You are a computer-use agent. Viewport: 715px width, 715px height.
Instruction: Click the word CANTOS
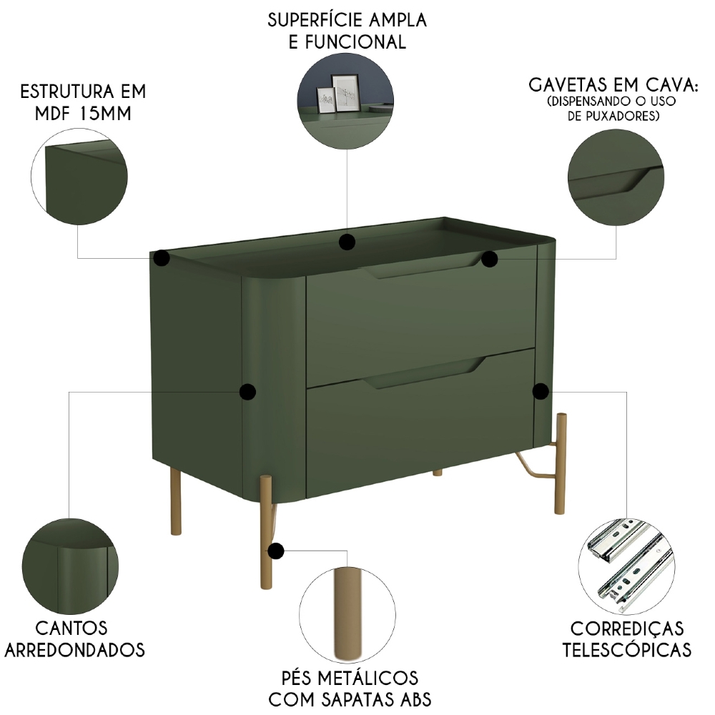71,628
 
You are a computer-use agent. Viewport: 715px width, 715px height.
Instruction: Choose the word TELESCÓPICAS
626,649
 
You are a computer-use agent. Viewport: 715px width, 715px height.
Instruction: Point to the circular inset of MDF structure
79,179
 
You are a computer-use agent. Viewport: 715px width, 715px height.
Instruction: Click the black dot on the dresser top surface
347,242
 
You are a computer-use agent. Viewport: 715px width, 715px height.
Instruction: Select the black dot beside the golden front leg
275,551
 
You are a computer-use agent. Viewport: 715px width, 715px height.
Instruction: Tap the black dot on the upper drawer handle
489,259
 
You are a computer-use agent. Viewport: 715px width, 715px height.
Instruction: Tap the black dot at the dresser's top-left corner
162,258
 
